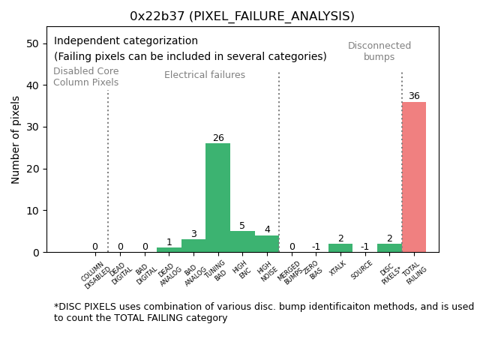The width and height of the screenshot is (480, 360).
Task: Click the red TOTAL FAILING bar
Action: [x=414, y=177]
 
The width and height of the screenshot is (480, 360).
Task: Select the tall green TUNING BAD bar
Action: [x=217, y=198]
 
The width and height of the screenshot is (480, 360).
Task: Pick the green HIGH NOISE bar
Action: [x=267, y=244]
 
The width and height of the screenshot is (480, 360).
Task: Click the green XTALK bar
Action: [x=340, y=247]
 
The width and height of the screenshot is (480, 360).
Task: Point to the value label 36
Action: [x=414, y=96]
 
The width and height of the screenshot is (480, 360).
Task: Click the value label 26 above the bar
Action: [x=218, y=138]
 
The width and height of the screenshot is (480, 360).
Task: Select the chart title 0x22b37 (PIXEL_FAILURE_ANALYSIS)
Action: [x=242, y=16]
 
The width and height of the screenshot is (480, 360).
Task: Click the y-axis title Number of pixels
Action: [x=16, y=139]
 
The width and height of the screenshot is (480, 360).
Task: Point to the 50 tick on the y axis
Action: [x=33, y=43]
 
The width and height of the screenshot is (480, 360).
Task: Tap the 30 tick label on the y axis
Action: [x=33, y=127]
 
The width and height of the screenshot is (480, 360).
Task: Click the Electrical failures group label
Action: [x=205, y=75]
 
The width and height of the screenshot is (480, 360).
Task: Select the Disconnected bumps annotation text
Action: [x=379, y=51]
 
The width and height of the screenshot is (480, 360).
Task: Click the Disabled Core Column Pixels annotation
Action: [x=85, y=76]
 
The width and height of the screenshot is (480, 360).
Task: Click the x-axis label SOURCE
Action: [x=362, y=270]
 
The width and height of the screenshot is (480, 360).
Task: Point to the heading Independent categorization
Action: [x=126, y=41]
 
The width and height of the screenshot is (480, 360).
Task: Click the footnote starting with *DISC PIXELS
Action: [x=263, y=312]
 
